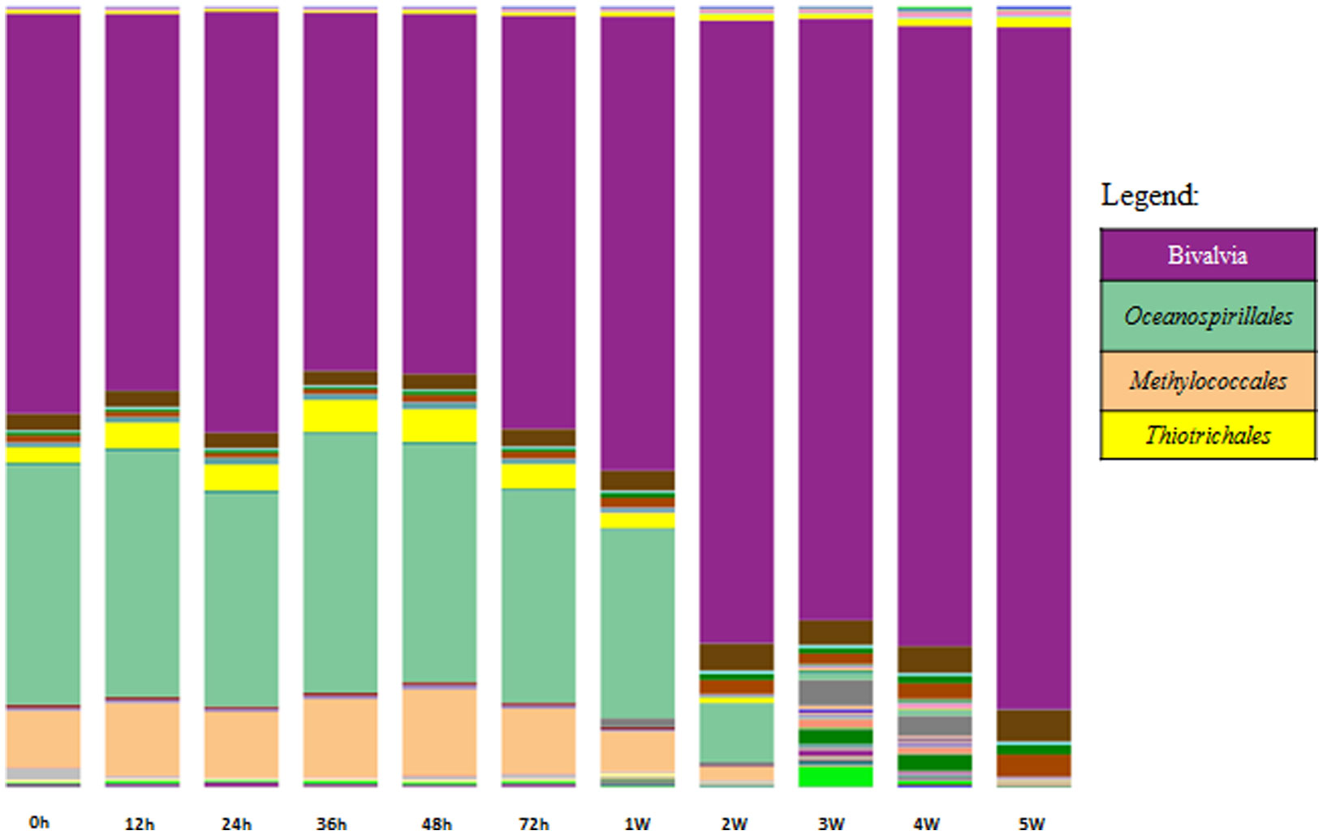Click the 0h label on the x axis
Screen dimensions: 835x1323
(x=39, y=822)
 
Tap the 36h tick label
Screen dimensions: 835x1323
(x=331, y=824)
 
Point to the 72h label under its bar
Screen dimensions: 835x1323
(x=533, y=824)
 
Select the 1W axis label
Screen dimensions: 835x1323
(x=637, y=824)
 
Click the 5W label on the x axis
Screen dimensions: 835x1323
(x=1032, y=824)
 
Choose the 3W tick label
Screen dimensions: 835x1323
(x=831, y=824)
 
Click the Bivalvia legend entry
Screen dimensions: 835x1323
(x=1207, y=256)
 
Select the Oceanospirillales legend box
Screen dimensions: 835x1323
(x=1207, y=316)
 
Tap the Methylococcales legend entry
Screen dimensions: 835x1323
(x=1207, y=381)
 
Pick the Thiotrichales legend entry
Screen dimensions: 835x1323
(x=1207, y=436)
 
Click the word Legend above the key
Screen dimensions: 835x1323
(x=1148, y=196)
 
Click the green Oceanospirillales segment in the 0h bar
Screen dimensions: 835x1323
(x=43, y=584)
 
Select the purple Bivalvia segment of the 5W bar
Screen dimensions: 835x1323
(x=1033, y=365)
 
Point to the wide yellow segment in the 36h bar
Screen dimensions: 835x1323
(x=340, y=415)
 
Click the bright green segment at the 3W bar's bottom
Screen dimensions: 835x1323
(x=835, y=777)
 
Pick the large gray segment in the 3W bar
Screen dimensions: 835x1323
(x=835, y=692)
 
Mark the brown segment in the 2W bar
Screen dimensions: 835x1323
(x=736, y=656)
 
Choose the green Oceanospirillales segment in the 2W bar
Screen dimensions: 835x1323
(x=736, y=733)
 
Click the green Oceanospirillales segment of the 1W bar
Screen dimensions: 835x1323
(x=637, y=623)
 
